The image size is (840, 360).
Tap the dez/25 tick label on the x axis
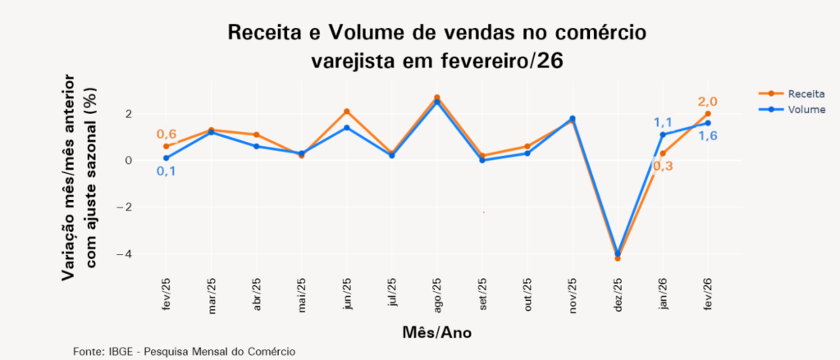(x=618, y=293)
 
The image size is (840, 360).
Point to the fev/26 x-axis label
(x=708, y=293)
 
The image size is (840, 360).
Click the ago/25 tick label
(x=437, y=293)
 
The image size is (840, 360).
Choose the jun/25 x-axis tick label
(x=347, y=293)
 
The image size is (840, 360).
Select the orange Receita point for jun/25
(x=347, y=112)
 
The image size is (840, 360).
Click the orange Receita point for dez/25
(x=618, y=258)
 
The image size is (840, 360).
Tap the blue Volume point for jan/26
(x=663, y=134)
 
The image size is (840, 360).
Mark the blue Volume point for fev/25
(x=166, y=158)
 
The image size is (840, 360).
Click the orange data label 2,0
(x=708, y=102)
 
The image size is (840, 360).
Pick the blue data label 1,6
(x=708, y=135)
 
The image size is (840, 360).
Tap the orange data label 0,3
(x=663, y=166)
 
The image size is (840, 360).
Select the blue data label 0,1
(x=166, y=171)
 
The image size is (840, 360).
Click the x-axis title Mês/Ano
(x=437, y=333)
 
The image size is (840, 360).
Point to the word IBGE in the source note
(x=121, y=351)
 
